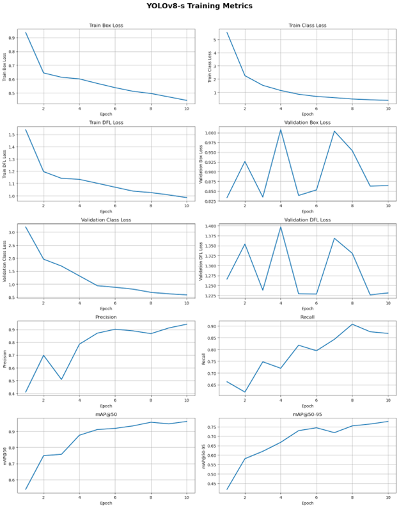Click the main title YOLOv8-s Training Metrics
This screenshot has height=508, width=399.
coord(199,6)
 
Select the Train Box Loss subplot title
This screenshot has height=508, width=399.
coord(106,26)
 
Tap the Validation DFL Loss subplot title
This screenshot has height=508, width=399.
coord(308,219)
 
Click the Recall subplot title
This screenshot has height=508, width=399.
coord(308,317)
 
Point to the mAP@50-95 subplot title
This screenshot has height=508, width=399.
coord(308,414)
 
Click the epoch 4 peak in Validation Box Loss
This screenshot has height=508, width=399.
coord(280,129)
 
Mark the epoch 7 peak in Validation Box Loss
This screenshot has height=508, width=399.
coord(334,131)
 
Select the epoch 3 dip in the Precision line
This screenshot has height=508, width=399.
coord(61,379)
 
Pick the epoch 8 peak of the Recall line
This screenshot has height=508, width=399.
coord(352,324)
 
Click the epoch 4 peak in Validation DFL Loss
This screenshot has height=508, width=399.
coord(280,226)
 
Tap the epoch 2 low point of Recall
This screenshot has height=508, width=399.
coord(244,392)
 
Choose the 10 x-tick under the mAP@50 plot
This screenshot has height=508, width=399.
coord(187,497)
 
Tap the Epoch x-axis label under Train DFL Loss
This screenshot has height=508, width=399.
coord(106,211)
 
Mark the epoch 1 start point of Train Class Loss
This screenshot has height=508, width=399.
coord(227,33)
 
